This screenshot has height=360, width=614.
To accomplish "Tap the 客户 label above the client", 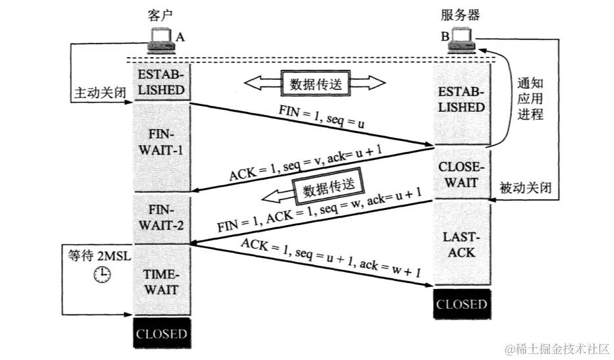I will [x=159, y=15].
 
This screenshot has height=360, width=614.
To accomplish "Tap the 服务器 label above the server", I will [x=459, y=15].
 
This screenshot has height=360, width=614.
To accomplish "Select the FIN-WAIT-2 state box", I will [x=161, y=218].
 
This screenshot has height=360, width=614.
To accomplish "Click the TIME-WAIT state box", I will [x=161, y=281].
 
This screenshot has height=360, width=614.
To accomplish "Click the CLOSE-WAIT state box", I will [x=461, y=174].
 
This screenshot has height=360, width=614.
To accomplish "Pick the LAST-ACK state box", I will [x=461, y=244].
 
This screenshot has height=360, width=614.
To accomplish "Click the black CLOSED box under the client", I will [x=161, y=334].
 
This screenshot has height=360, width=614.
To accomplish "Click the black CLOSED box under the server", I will [x=461, y=304].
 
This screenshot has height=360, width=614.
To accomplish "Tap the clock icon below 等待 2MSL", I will [x=101, y=275].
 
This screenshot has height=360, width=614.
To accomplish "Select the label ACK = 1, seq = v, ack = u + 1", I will [x=306, y=165].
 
